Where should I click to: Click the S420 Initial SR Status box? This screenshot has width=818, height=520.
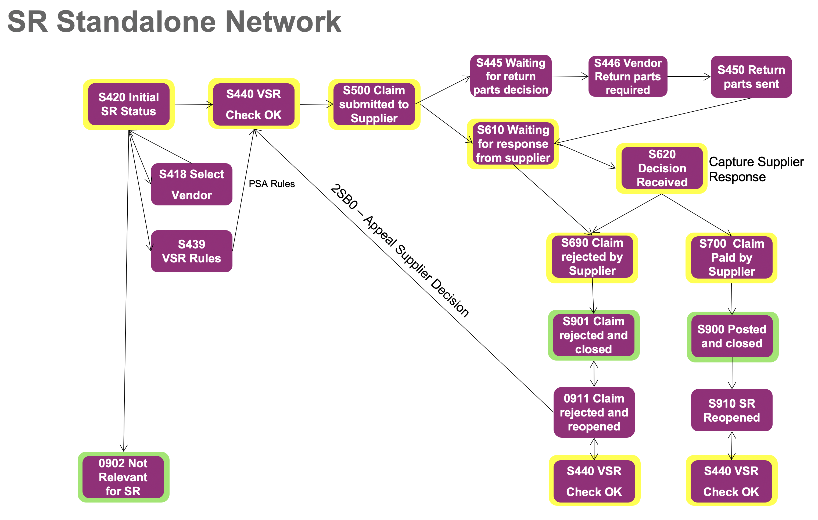pyautogui.click(x=128, y=104)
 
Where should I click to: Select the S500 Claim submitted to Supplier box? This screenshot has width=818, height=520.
pyautogui.click(x=374, y=104)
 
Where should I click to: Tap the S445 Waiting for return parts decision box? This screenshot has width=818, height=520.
pyautogui.click(x=511, y=76)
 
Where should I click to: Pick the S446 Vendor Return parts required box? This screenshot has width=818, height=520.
pyautogui.click(x=627, y=76)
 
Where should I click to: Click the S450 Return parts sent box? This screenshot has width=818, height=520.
pyautogui.click(x=751, y=77)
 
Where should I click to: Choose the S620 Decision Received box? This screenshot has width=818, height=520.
pyautogui.click(x=662, y=168)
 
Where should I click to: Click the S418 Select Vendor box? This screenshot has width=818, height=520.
pyautogui.click(x=192, y=184)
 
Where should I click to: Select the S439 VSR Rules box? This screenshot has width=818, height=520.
pyautogui.click(x=192, y=251)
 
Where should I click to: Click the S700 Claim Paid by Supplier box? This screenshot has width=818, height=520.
pyautogui.click(x=731, y=258)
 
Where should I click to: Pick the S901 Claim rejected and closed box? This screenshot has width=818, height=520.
pyautogui.click(x=593, y=335)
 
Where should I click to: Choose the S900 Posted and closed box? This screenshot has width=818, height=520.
pyautogui.click(x=732, y=336)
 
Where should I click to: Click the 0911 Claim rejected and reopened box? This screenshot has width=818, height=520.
pyautogui.click(x=594, y=412)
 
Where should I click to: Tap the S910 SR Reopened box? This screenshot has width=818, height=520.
pyautogui.click(x=732, y=410)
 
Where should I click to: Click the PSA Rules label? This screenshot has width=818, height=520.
pyautogui.click(x=272, y=184)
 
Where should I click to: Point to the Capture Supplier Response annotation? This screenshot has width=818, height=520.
pyautogui.click(x=756, y=169)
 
